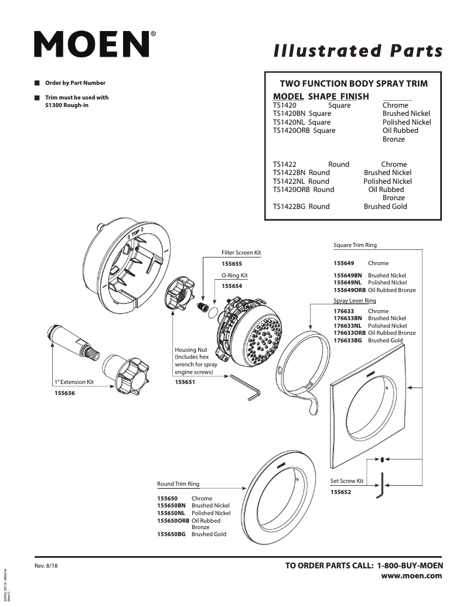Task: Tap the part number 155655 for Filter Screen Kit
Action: [x=231, y=264]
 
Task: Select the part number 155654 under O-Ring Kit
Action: [x=231, y=286]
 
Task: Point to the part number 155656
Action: [x=64, y=393]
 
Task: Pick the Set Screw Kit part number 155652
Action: [x=340, y=492]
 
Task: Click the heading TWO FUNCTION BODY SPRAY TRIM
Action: [x=353, y=84]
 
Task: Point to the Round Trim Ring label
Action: [x=178, y=484]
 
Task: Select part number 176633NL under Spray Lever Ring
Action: [x=348, y=325]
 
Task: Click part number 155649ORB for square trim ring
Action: [x=349, y=290]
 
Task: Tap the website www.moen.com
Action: [x=411, y=576]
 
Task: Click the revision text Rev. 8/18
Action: [x=47, y=566]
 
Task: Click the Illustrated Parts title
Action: [x=358, y=52]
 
